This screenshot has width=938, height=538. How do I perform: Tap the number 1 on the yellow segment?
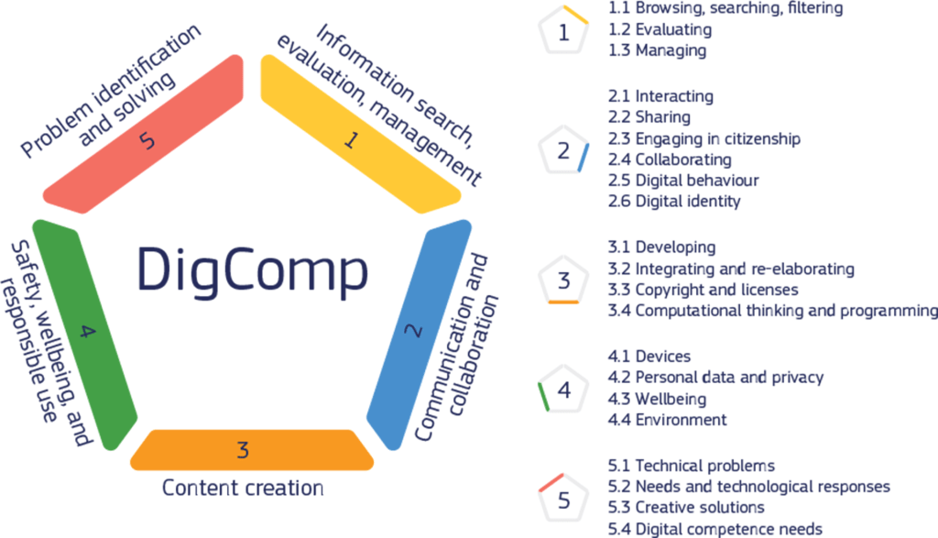coord(351,140)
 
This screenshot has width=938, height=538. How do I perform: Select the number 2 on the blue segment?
coord(412,332)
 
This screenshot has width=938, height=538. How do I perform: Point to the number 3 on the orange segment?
coord(243,449)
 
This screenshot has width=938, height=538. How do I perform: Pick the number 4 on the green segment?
coord(86,332)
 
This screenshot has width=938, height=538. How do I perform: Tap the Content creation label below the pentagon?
coord(243,488)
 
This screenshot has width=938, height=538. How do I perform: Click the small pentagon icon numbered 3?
coord(563,280)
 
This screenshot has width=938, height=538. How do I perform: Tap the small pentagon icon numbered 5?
coord(563,500)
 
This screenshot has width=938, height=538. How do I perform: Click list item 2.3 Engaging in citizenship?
coord(704,138)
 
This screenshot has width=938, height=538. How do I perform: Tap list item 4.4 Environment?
coord(667,420)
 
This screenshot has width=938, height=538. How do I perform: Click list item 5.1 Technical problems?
coord(692,466)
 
